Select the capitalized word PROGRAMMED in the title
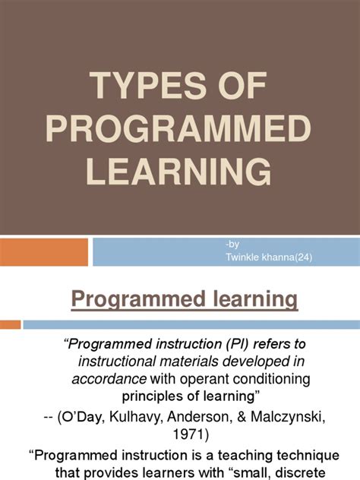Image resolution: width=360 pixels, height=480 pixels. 179,131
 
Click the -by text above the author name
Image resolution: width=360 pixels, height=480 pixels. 231,242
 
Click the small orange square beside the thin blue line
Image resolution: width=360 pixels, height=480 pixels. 10,303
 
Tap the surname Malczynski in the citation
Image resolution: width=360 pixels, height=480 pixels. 287,415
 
